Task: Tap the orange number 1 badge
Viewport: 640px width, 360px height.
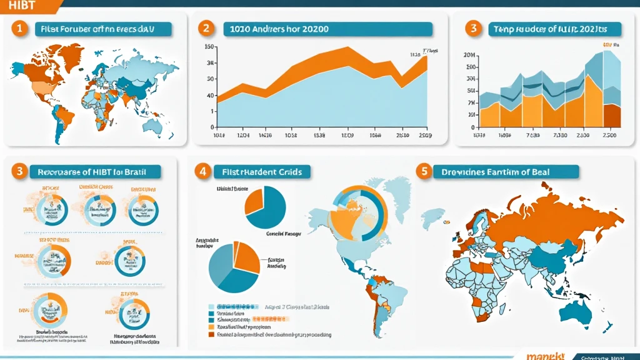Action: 20,29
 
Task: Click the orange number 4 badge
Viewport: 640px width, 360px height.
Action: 201,171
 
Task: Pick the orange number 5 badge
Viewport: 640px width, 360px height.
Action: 424,171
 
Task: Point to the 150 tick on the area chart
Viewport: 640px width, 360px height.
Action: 210,47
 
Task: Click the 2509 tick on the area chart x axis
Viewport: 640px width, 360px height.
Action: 424,135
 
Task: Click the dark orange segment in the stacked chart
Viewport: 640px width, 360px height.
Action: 612,116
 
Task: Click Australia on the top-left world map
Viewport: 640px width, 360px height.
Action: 153,127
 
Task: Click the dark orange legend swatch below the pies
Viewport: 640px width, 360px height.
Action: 210,334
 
